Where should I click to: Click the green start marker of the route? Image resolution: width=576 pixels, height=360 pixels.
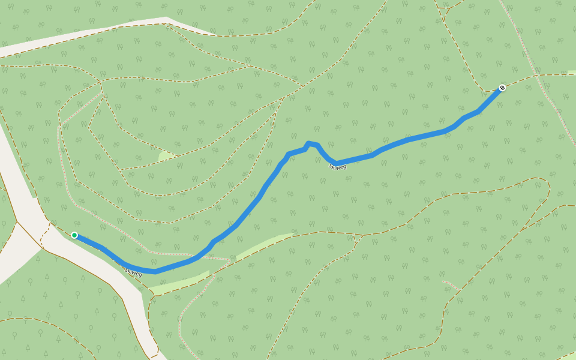click(x=74, y=235)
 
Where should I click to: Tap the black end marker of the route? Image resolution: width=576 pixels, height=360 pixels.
click(x=502, y=88)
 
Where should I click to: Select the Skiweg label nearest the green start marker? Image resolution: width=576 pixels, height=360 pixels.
click(x=133, y=272)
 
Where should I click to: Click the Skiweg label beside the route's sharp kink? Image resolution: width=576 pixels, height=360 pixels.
click(x=338, y=166)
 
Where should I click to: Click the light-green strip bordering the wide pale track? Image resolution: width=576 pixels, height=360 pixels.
click(x=180, y=283)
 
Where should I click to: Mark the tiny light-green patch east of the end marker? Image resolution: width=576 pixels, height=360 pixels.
click(x=571, y=73)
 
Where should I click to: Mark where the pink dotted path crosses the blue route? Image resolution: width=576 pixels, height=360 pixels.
click(x=202, y=255)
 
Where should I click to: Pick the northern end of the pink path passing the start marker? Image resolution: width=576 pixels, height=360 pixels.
click(x=101, y=92)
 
